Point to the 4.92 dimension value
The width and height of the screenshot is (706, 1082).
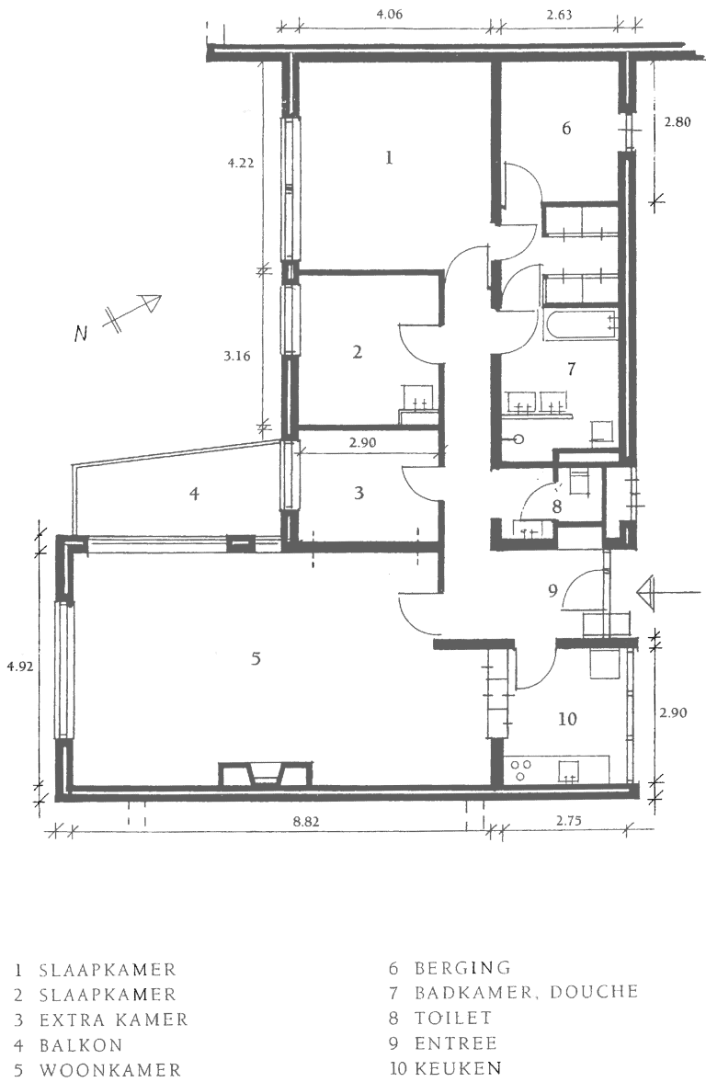18,667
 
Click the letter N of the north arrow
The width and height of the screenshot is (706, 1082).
82,335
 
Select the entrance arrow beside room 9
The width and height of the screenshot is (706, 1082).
651,593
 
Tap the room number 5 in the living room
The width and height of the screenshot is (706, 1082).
256,658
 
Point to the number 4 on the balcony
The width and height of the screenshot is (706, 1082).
194,494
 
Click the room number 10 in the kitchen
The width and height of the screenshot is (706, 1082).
567,719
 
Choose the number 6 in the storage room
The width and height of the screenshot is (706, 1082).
567,129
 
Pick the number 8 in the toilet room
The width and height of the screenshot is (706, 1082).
556,506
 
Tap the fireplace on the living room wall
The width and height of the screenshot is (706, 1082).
263,774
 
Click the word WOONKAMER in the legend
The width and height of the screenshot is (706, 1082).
110,1070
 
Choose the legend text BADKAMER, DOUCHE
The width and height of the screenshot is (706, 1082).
526,993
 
